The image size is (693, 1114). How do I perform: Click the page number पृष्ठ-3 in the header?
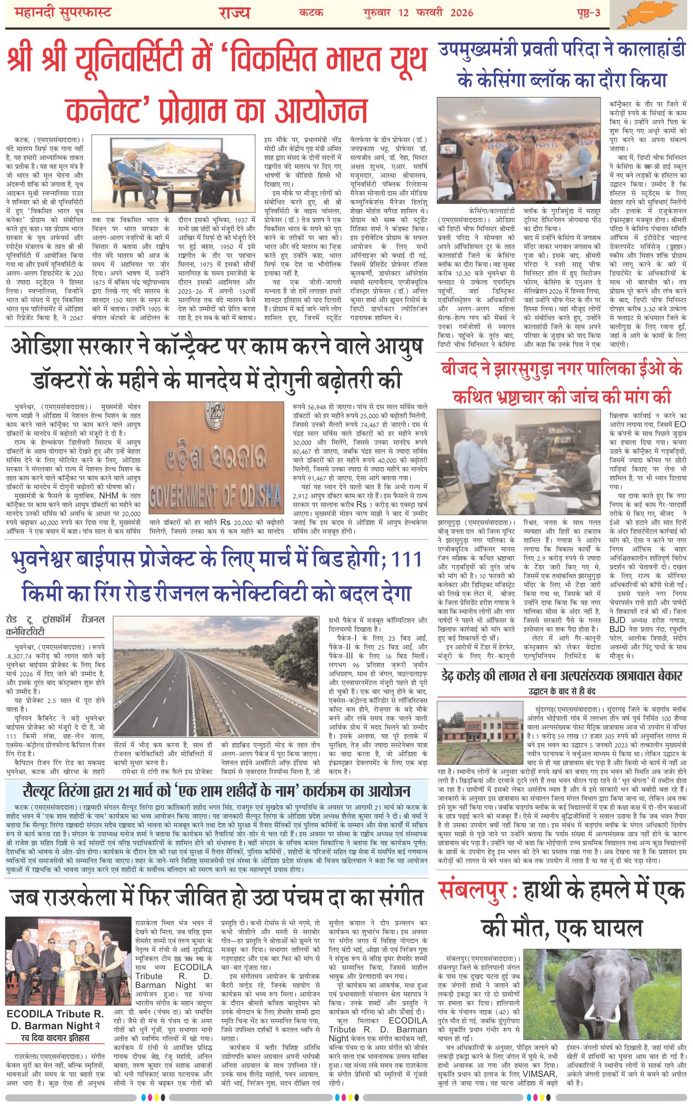[x=588, y=12]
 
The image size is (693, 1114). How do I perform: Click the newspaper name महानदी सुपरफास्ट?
[x=63, y=12]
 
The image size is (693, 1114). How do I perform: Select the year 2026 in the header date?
[x=461, y=12]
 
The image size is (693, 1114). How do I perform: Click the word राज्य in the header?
[x=234, y=12]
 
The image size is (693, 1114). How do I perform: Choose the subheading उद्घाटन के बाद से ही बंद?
[x=562, y=691]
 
